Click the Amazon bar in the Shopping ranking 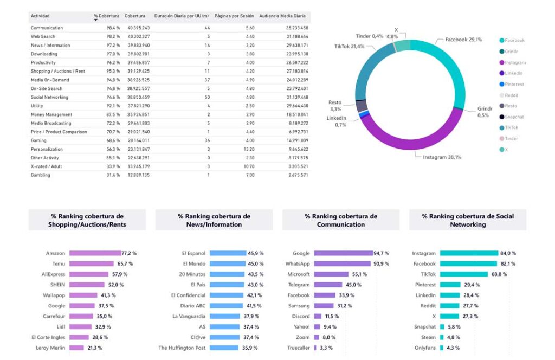[x=95, y=253]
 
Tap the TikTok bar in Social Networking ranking [x=464, y=274]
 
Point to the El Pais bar [x=227, y=285]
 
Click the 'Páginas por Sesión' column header [x=234, y=16]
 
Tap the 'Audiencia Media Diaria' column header [x=283, y=16]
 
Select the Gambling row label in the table [x=41, y=175]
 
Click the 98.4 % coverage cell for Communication [x=113, y=28]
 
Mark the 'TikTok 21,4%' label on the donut [x=349, y=47]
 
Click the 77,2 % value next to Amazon [x=130, y=253]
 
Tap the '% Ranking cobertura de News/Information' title [x=214, y=220]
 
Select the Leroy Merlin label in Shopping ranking [x=50, y=348]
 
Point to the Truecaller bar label [x=298, y=348]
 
